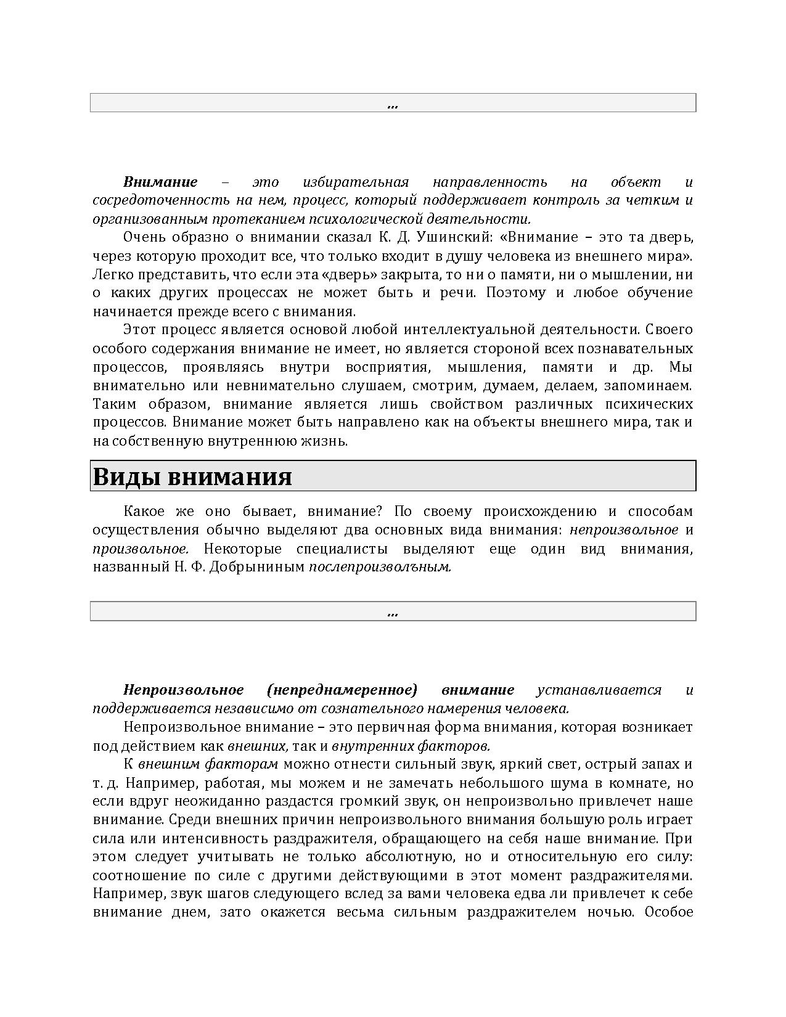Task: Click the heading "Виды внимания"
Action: (x=192, y=477)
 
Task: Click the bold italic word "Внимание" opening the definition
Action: (x=160, y=182)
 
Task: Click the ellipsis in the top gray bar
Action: (x=393, y=104)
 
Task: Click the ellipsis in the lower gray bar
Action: (x=393, y=612)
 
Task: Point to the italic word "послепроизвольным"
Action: (x=380, y=566)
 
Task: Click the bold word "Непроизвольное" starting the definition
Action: (x=183, y=690)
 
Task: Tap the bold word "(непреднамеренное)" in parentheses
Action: (x=343, y=690)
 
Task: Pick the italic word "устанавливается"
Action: (x=599, y=690)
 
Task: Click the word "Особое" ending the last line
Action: (x=669, y=912)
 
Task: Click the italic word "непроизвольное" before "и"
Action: (x=624, y=529)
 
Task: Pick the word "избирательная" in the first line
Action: (x=356, y=182)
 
